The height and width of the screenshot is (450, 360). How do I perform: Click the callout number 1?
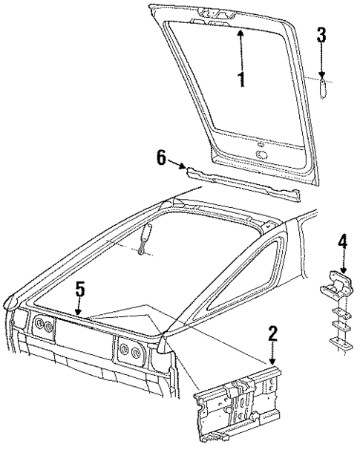pyautogui.click(x=241, y=79)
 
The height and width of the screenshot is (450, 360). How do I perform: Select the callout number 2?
pyautogui.click(x=273, y=334)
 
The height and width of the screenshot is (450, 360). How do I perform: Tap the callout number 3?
pyautogui.click(x=321, y=35)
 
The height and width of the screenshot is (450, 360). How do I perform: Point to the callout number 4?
pyautogui.click(x=342, y=241)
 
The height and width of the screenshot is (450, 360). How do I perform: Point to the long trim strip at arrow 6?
pyautogui.click(x=245, y=184)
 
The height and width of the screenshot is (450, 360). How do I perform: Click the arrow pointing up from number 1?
pyautogui.click(x=241, y=48)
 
